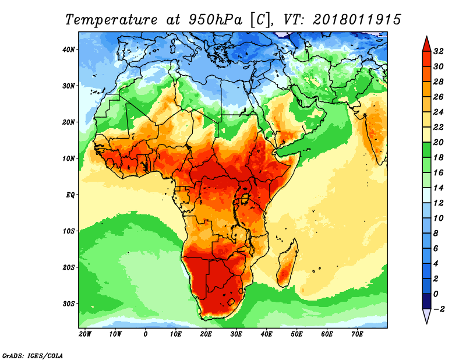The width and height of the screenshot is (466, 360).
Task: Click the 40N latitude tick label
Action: pyautogui.click(x=68, y=50)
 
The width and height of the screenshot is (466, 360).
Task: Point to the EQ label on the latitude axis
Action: pyautogui.click(x=69, y=195)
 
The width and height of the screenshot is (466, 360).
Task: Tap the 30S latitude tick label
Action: pyautogui.click(x=68, y=303)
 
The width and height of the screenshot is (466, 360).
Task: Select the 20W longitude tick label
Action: pyautogui.click(x=84, y=334)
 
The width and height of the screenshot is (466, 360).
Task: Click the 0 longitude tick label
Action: pyautogui.click(x=145, y=334)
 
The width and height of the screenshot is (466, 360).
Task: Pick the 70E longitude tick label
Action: pyautogui.click(x=357, y=334)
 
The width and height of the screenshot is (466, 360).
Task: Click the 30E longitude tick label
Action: pyautogui.click(x=236, y=334)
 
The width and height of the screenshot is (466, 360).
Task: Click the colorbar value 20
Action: pyautogui.click(x=439, y=142)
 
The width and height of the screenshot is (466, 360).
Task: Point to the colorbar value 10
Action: pyautogui.click(x=439, y=218)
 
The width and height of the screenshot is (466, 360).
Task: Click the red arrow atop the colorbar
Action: pyautogui.click(x=426, y=43)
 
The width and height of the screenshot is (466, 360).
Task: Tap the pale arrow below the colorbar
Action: pyautogui.click(x=426, y=316)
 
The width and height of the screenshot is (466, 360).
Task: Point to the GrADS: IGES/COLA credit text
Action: pyautogui.click(x=33, y=355)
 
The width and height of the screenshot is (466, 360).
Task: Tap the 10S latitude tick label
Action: pyautogui.click(x=68, y=231)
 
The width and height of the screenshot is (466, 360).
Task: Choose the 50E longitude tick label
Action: pyautogui.click(x=296, y=334)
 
